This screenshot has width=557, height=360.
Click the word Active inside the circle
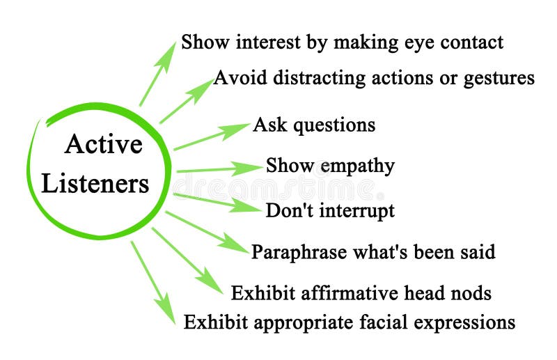tap(103, 144)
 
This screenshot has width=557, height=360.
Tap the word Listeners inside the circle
tap(95, 184)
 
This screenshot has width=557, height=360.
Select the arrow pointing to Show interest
tap(158, 73)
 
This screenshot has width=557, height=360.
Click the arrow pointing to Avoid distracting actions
tap(187, 101)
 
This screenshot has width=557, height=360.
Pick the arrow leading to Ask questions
tap(212, 136)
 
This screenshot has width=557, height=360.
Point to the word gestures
tap(498, 77)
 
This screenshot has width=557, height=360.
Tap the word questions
tap(334, 125)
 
